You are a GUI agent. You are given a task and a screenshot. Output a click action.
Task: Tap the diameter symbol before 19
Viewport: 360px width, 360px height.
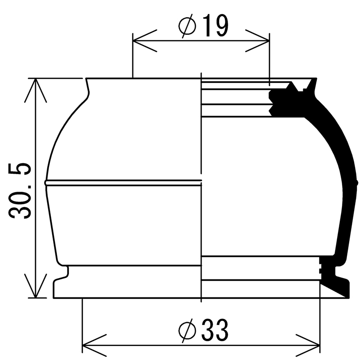point(187,26)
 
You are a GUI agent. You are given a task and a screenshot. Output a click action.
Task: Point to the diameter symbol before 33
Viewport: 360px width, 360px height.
point(187,330)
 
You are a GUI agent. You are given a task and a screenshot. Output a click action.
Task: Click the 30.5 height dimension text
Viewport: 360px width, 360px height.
point(19,190)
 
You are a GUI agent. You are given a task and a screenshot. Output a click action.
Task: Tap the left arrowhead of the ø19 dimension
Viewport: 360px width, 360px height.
point(144,41)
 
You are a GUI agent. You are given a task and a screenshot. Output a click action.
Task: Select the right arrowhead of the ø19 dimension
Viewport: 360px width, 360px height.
point(257,41)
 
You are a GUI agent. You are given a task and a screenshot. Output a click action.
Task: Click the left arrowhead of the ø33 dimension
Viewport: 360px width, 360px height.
point(94,345)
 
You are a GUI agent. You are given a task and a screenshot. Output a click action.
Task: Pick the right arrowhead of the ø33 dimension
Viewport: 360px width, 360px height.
point(308,345)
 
